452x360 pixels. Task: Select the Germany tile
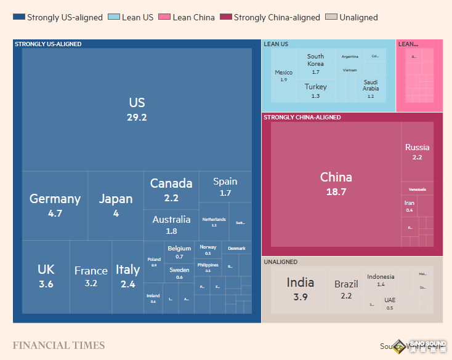pyautogui.click(x=55, y=206)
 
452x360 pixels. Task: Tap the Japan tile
pyautogui.click(x=116, y=206)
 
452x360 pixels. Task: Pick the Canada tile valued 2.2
pyautogui.click(x=171, y=190)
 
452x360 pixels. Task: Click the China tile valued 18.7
pyautogui.click(x=336, y=183)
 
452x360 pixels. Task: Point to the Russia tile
pyautogui.click(x=417, y=151)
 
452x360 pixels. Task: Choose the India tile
pyautogui.click(x=300, y=289)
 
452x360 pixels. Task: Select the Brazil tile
pyautogui.click(x=346, y=289)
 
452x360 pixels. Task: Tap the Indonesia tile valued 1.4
pyautogui.click(x=381, y=280)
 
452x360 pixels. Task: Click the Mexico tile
pyautogui.click(x=283, y=76)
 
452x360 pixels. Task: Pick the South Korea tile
pyautogui.click(x=315, y=63)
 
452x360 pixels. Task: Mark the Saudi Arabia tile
pyautogui.click(x=371, y=87)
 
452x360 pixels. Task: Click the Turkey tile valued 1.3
pyautogui.click(x=315, y=90)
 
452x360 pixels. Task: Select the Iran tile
pyautogui.click(x=410, y=206)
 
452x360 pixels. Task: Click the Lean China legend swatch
pyautogui.click(x=164, y=17)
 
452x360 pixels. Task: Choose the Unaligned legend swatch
pyautogui.click(x=331, y=17)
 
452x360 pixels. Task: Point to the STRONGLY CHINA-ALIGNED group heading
pyautogui.click(x=302, y=117)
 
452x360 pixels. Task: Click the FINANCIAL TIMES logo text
pyautogui.click(x=59, y=345)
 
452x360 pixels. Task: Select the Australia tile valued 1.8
pyautogui.click(x=171, y=225)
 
